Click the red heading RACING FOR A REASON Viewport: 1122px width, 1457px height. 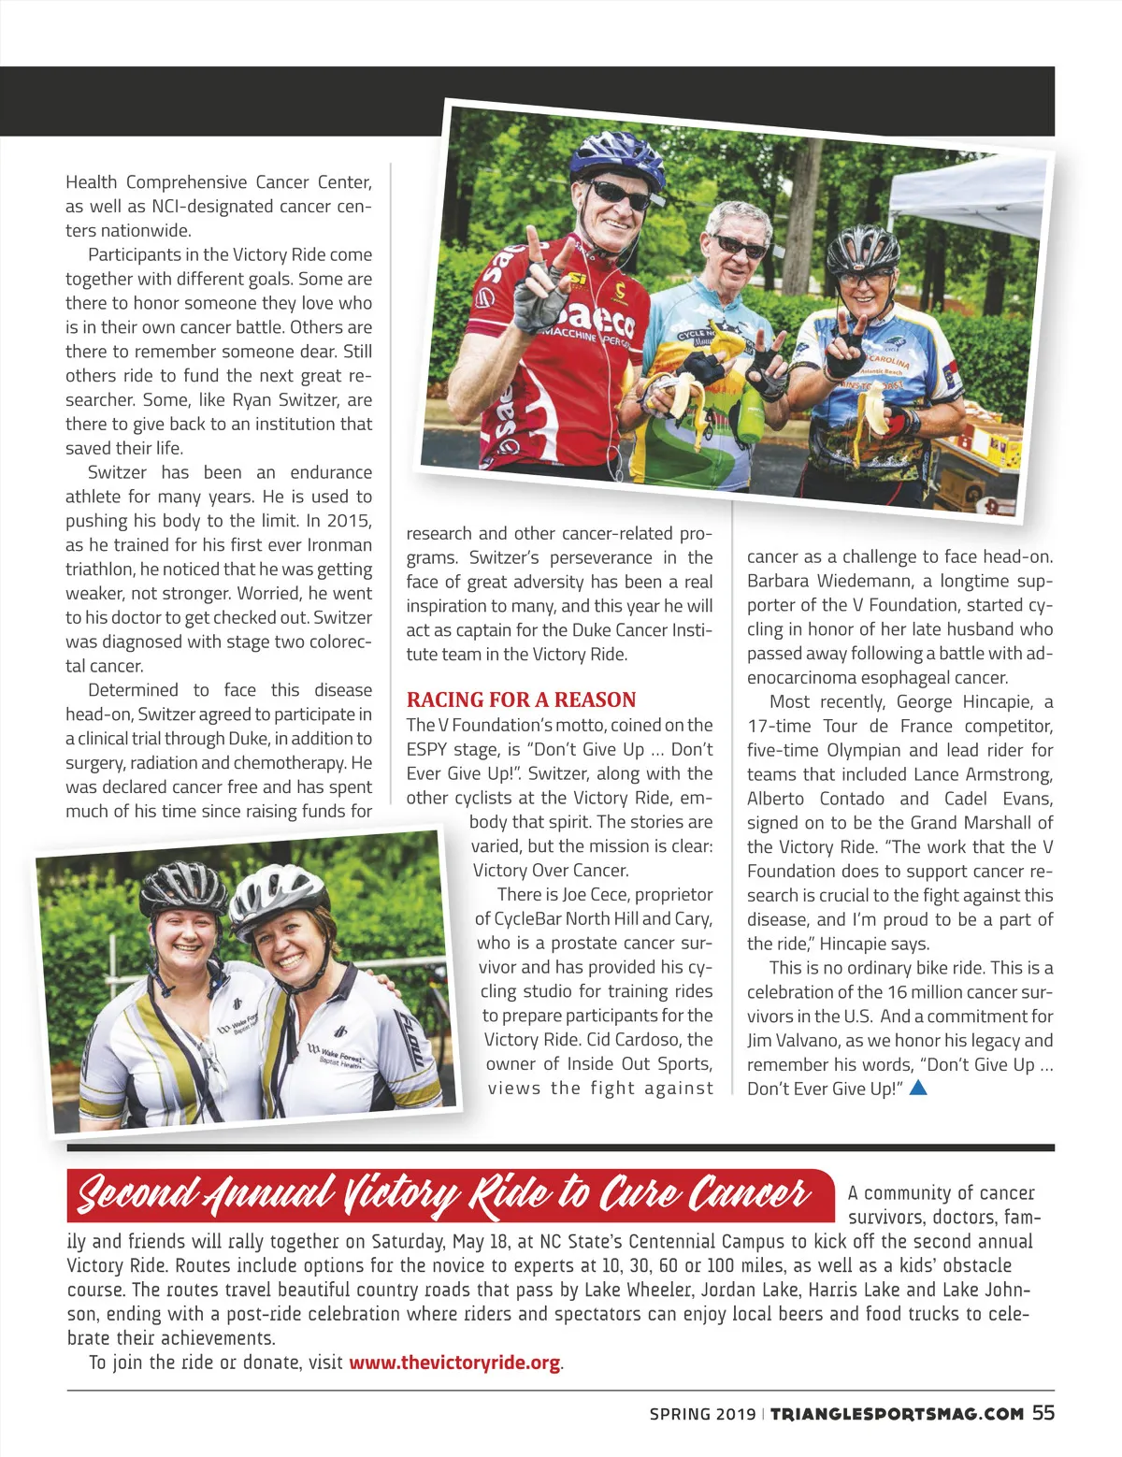521,700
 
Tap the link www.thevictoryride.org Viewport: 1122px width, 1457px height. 454,1362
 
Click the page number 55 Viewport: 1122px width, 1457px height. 1043,1413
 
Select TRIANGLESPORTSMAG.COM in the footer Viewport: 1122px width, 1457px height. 897,1414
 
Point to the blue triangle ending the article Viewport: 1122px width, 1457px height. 918,1087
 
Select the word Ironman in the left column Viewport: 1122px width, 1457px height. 339,544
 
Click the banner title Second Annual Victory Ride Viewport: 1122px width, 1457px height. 443,1194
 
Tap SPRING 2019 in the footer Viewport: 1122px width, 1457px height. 702,1414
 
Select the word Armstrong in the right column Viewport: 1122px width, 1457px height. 1007,774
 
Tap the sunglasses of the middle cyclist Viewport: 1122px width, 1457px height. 740,247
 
